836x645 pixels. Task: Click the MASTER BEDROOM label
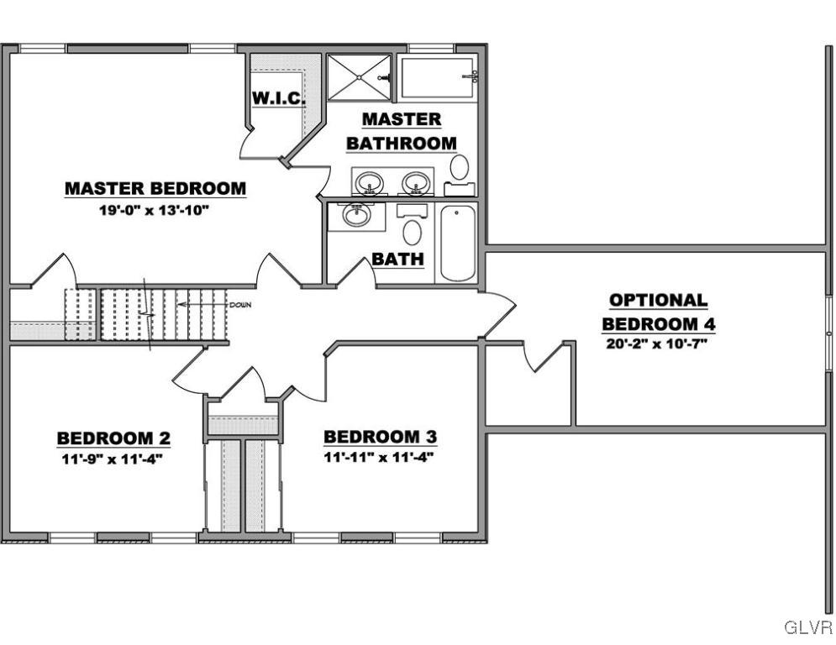[x=155, y=188]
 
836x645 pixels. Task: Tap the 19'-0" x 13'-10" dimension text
[x=153, y=210]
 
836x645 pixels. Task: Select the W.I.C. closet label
[x=278, y=98]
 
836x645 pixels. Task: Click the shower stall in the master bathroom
[x=359, y=77]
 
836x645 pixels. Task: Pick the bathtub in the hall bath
[x=457, y=243]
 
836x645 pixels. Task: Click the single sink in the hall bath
[x=357, y=215]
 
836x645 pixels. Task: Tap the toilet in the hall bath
[x=413, y=225]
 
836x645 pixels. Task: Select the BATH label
[x=397, y=259]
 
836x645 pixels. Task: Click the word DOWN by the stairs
[x=240, y=306]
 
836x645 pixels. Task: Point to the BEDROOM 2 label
[x=113, y=438]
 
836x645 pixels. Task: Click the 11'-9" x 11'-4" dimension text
[x=112, y=459]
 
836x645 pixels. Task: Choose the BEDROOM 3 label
[x=380, y=437]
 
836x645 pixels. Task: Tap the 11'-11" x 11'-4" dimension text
[x=379, y=457]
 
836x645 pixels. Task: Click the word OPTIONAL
[x=659, y=300]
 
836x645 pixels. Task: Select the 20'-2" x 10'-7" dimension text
[x=657, y=343]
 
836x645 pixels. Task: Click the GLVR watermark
[x=808, y=627]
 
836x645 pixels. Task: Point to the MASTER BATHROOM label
[x=402, y=131]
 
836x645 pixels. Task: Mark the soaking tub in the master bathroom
[x=437, y=78]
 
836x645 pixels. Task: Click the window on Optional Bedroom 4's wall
[x=829, y=333]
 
